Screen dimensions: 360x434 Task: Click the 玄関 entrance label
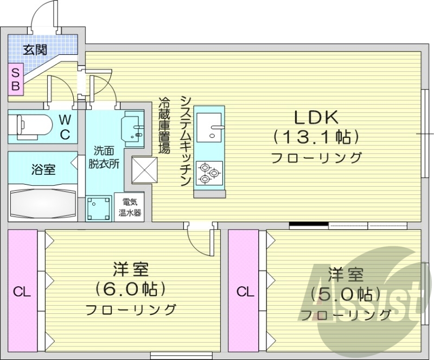35,50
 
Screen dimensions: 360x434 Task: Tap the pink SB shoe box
15,79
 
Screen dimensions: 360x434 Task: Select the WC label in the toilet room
64,127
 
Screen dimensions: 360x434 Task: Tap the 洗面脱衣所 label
103,157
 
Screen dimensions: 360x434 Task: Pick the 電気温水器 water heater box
130,207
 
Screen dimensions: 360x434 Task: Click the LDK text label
316,117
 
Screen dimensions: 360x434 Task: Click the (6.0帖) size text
130,288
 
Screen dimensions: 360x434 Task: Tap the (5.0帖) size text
342,294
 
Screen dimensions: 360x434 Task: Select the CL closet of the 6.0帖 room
22,292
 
